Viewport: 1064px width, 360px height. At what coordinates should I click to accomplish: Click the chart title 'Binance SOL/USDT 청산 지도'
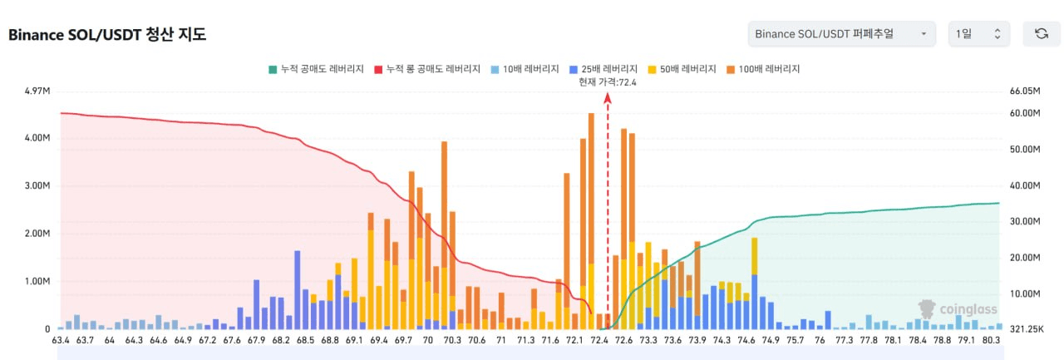point(107,35)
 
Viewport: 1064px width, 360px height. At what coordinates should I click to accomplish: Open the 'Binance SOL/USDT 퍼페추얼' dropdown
point(842,34)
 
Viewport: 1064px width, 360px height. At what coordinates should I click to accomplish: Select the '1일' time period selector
point(979,34)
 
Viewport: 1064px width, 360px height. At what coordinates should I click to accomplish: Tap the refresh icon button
point(1042,34)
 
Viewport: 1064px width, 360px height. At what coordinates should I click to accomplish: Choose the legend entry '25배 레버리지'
point(603,69)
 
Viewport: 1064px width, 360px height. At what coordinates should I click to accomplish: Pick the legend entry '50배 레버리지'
point(682,69)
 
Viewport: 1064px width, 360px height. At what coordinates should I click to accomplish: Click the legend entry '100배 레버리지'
point(763,69)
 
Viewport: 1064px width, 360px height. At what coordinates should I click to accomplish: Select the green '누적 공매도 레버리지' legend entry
point(317,69)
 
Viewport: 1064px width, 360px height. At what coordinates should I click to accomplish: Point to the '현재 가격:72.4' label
point(608,82)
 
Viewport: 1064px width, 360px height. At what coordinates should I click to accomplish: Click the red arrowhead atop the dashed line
point(608,98)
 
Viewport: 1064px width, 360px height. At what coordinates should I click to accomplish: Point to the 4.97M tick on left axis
point(37,91)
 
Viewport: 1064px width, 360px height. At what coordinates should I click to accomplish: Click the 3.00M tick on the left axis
point(37,185)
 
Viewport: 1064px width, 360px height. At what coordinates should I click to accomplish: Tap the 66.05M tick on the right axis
point(1025,91)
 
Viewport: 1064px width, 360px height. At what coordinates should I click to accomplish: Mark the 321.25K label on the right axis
point(1027,329)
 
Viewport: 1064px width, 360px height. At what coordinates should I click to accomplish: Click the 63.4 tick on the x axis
point(61,341)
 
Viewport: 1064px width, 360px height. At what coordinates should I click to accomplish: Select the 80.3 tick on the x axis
point(991,341)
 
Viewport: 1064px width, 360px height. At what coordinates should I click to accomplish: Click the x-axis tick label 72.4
point(599,341)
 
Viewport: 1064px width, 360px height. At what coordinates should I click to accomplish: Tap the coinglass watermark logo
point(958,309)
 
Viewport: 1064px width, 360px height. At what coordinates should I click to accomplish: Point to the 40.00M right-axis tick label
point(1025,185)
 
